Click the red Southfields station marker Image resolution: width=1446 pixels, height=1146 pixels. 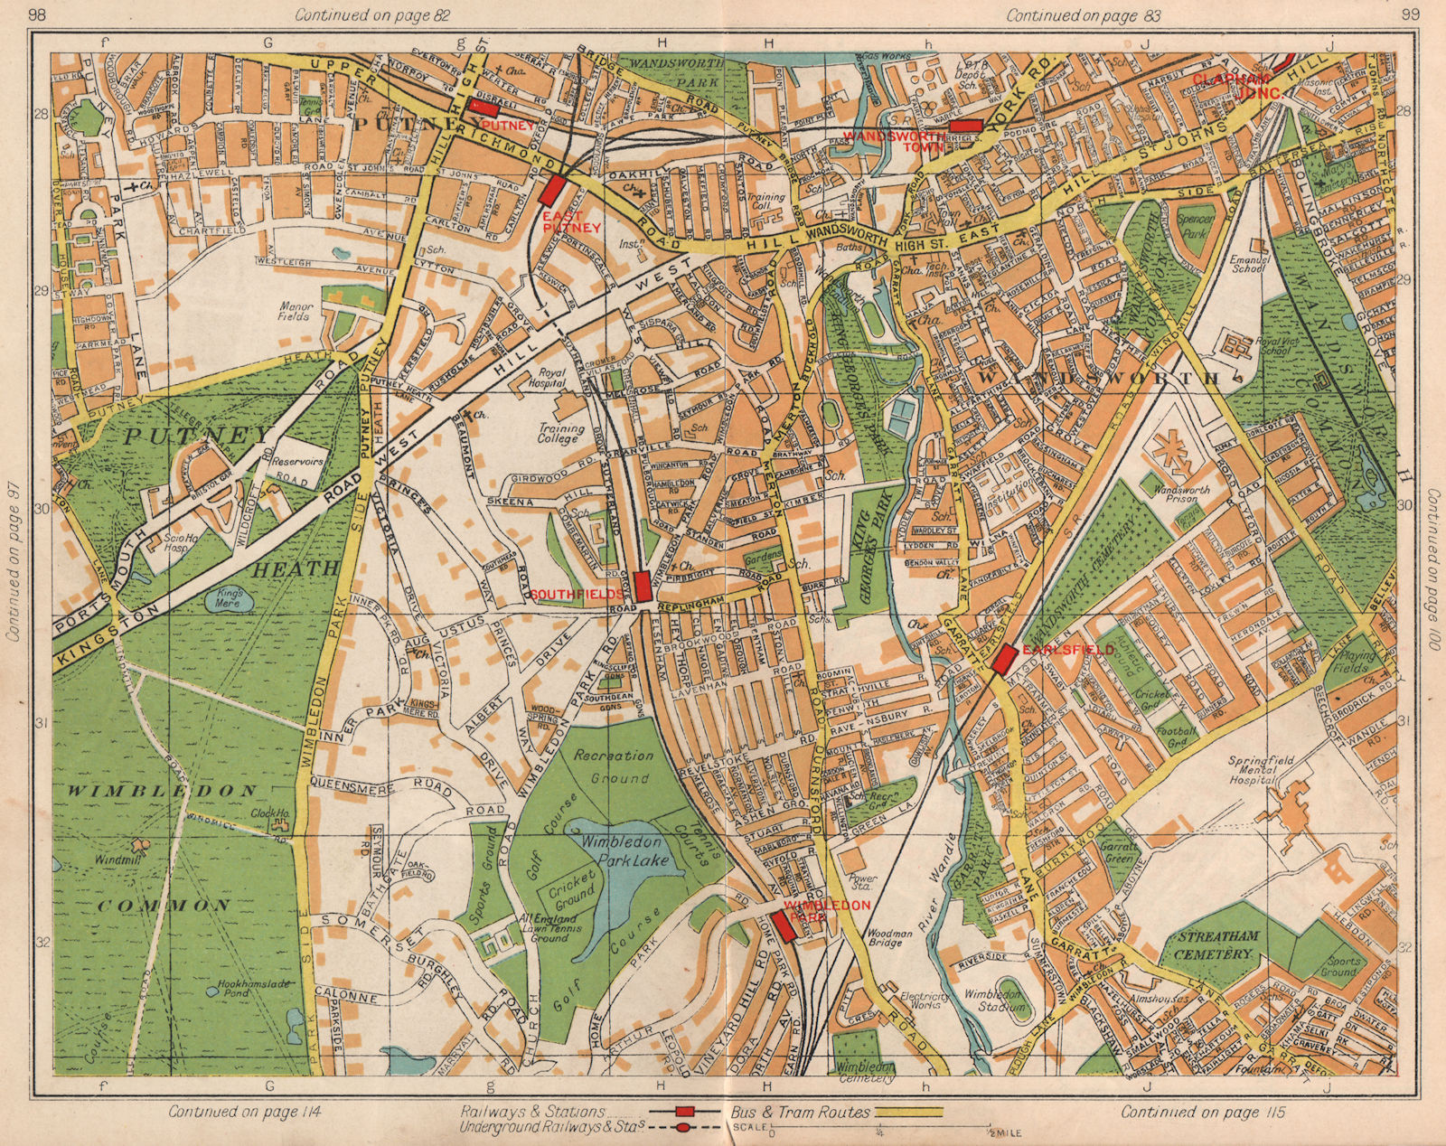click(643, 586)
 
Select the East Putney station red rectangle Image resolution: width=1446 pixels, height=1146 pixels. click(552, 190)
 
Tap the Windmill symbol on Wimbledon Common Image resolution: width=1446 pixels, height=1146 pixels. click(140, 847)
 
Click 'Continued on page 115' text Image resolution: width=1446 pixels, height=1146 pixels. click(1203, 1112)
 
